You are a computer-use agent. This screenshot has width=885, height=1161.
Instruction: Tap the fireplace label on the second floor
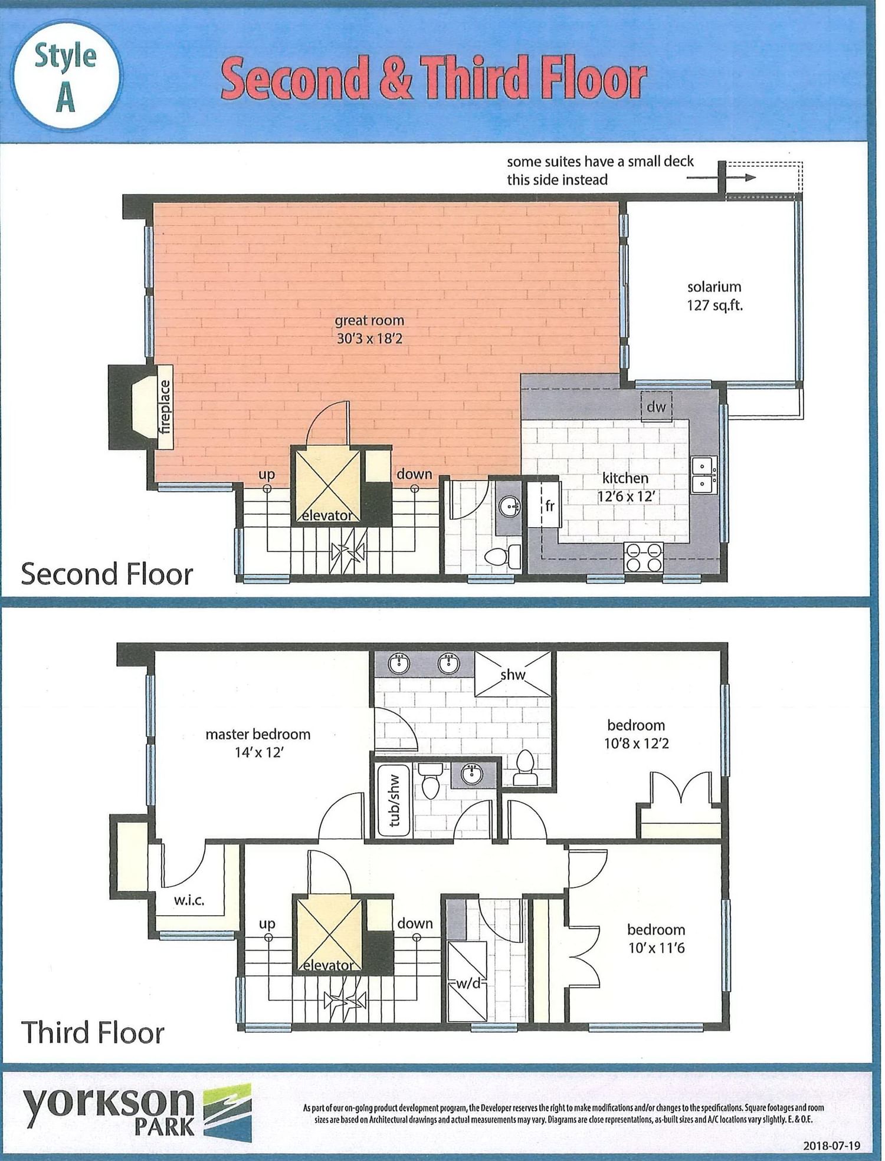pyautogui.click(x=165, y=407)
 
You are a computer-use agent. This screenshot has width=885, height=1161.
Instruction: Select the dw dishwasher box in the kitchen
pyautogui.click(x=657, y=406)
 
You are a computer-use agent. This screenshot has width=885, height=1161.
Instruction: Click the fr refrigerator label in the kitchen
pyautogui.click(x=550, y=505)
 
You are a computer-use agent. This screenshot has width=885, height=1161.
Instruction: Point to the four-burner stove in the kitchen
pyautogui.click(x=644, y=557)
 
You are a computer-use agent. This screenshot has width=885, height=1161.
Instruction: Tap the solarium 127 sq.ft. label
pyautogui.click(x=714, y=296)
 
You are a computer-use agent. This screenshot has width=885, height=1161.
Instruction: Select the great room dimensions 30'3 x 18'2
pyautogui.click(x=369, y=338)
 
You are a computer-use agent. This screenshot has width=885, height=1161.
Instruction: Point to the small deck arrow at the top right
pyautogui.click(x=721, y=177)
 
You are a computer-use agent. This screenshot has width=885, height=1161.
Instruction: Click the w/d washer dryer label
pyautogui.click(x=468, y=984)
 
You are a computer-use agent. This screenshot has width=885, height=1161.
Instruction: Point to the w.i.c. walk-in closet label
pyautogui.click(x=189, y=900)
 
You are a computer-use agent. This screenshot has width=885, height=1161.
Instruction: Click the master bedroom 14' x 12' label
pyautogui.click(x=258, y=743)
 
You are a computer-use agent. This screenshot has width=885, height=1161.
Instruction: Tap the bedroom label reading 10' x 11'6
pyautogui.click(x=656, y=938)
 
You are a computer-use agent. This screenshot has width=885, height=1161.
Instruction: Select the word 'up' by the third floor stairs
pyautogui.click(x=267, y=924)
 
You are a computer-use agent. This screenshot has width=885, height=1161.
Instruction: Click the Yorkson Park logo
pyautogui.click(x=137, y=1112)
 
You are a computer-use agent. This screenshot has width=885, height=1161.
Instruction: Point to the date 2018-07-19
pyautogui.click(x=831, y=1146)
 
